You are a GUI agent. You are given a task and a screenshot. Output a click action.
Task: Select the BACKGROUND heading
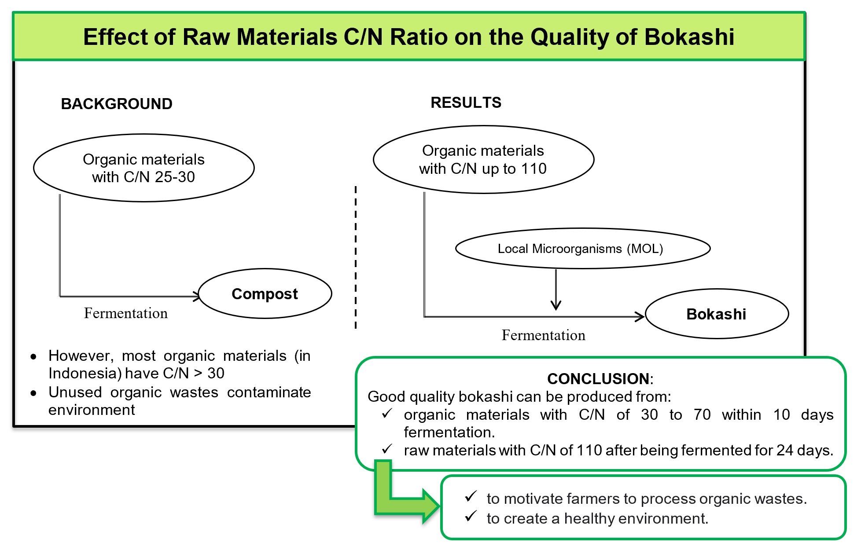pyautogui.click(x=117, y=104)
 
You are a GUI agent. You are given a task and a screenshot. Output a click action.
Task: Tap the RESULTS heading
pyautogui.click(x=466, y=103)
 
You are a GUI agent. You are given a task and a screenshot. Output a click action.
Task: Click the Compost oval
pyautogui.click(x=265, y=293)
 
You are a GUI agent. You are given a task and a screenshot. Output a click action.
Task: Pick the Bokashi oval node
pyautogui.click(x=716, y=314)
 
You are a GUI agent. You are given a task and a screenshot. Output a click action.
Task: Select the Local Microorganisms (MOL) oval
pyautogui.click(x=582, y=249)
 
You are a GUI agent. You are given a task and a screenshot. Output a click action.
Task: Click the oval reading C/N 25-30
pyautogui.click(x=143, y=168)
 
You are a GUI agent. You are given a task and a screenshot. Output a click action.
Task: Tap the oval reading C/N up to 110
pyautogui.click(x=483, y=159)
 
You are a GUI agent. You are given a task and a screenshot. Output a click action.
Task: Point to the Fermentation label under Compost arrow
pyautogui.click(x=126, y=313)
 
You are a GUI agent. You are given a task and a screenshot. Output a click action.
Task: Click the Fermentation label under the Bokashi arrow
pyautogui.click(x=543, y=335)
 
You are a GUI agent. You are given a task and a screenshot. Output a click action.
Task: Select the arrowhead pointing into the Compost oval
pyautogui.click(x=196, y=296)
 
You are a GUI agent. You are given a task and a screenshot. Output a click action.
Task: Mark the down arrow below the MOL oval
pyautogui.click(x=556, y=304)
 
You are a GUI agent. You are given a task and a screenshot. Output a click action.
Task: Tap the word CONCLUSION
pyautogui.click(x=598, y=378)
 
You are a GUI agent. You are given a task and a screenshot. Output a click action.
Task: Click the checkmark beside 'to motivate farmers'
pyautogui.click(x=471, y=497)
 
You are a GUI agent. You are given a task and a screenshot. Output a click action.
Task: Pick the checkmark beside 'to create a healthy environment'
pyautogui.click(x=471, y=516)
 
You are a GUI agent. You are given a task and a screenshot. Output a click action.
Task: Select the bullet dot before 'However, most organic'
pyautogui.click(x=33, y=357)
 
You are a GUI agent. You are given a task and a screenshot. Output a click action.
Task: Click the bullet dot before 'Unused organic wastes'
pyautogui.click(x=33, y=393)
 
